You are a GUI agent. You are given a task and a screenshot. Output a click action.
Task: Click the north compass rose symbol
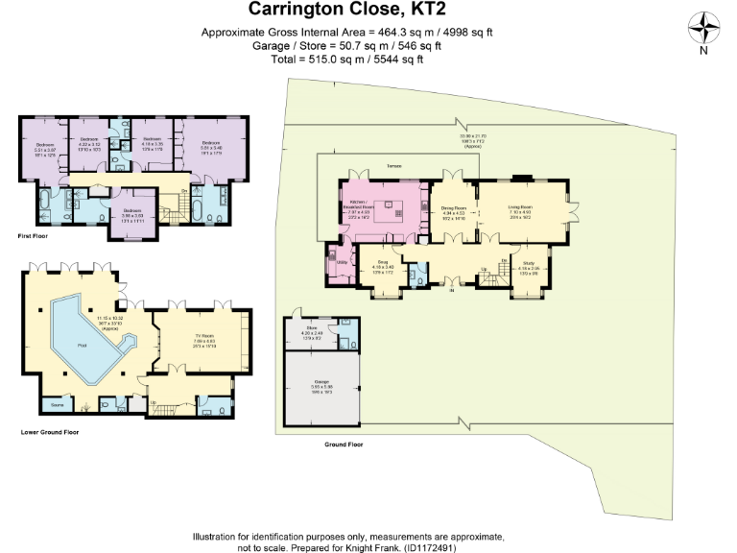coord(704,26)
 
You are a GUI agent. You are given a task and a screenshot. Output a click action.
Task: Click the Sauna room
coord(57,404)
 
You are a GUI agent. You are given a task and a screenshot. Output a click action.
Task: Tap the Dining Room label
coord(453,207)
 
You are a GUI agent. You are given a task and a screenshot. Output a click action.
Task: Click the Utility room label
coord(341,260)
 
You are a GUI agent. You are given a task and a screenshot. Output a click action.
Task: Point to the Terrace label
coord(393,167)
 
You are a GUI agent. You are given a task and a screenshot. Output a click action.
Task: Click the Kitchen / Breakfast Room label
coord(357,204)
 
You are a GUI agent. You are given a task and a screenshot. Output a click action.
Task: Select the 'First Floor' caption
coord(33,235)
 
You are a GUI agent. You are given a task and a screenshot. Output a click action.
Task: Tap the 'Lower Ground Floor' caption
coord(49,432)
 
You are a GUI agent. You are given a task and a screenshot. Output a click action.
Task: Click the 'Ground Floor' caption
coord(344,445)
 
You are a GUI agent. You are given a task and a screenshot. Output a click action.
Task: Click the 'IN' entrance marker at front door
coord(449,290)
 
